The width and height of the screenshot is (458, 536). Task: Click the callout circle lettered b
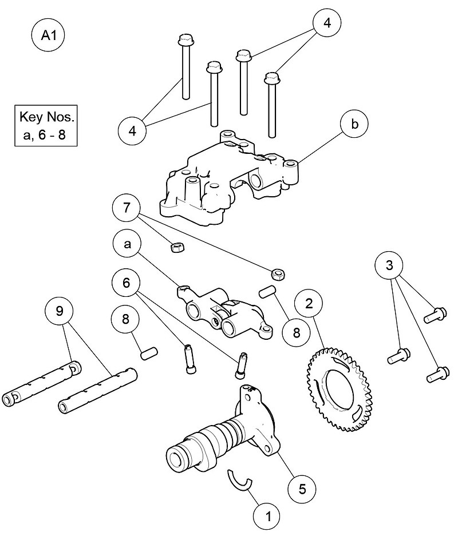click(x=354, y=125)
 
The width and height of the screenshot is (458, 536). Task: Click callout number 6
click(x=127, y=283)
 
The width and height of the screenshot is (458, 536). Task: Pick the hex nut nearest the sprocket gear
click(x=279, y=273)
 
